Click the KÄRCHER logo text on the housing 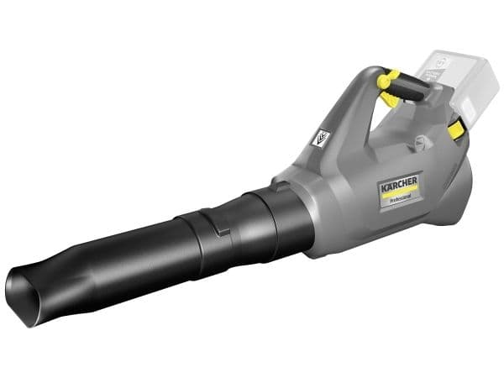(399, 183)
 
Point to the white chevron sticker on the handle (321, 139)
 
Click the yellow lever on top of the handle (386, 79)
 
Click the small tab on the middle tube (223, 232)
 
